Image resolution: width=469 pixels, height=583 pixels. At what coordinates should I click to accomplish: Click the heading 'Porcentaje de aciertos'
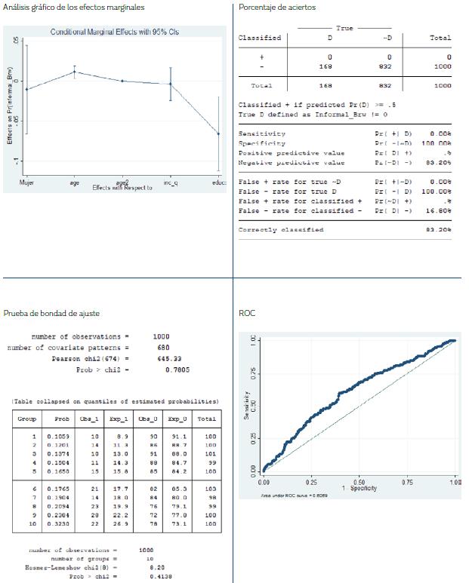[277, 8]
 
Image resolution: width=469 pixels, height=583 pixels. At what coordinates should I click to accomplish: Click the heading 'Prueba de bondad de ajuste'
[51, 312]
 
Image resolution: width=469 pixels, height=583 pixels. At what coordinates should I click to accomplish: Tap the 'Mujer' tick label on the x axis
[26, 183]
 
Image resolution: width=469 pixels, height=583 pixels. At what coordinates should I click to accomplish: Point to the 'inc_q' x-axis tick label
[171, 183]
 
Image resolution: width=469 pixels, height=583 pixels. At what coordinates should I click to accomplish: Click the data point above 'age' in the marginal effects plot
[74, 72]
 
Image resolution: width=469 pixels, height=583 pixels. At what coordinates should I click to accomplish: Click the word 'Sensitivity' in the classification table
[258, 133]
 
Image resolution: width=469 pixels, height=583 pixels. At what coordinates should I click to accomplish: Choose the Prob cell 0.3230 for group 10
[58, 523]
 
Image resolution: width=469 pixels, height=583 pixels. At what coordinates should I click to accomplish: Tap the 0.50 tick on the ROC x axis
[359, 481]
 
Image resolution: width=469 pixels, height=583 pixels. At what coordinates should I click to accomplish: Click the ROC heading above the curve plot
[246, 312]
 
